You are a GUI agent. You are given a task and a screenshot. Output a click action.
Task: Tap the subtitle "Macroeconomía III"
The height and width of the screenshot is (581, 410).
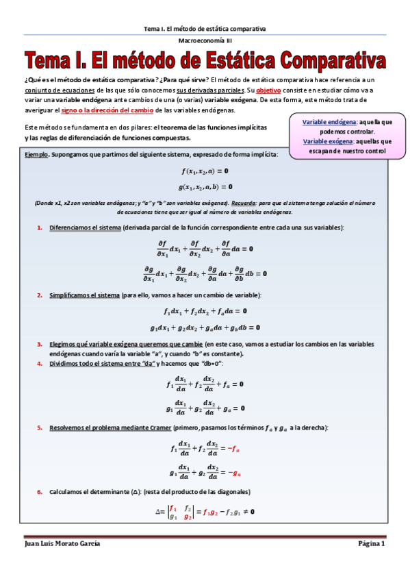[x=205, y=41]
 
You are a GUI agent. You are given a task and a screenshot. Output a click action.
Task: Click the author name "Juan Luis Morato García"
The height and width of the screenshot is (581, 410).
[x=62, y=543]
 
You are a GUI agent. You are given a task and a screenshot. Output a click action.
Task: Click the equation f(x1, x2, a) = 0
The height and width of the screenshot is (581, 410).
[x=205, y=171]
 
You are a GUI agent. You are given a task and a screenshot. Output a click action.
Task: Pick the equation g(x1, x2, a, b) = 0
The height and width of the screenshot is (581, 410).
[x=205, y=186]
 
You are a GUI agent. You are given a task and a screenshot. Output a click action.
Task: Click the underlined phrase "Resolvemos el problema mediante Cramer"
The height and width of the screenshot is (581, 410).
[x=110, y=428]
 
